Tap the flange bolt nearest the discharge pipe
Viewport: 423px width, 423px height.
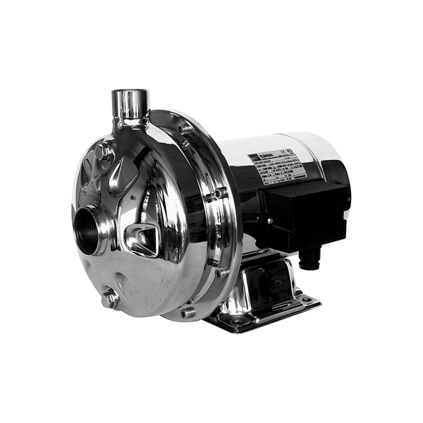click(x=185, y=129)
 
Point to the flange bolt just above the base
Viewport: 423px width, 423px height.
click(x=223, y=271)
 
